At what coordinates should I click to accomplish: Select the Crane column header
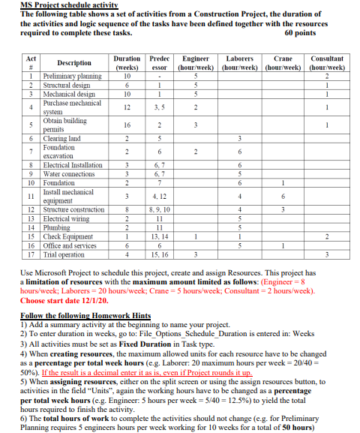click(283, 62)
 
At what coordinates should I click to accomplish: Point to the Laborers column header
click(238, 62)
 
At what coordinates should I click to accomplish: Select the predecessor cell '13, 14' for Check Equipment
click(160, 237)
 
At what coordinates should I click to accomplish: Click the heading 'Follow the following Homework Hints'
click(85, 315)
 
